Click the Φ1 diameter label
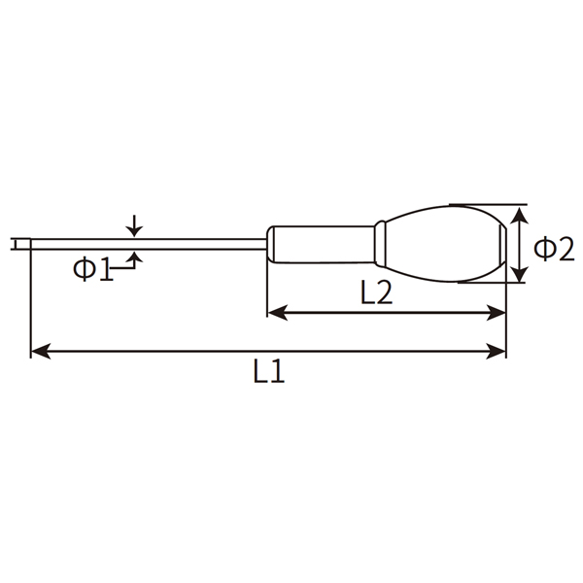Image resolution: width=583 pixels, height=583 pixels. coord(93,269)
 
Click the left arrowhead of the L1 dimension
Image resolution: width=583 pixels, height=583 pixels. coord(39,351)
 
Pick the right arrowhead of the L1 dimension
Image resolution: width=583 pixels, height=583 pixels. coord(498,351)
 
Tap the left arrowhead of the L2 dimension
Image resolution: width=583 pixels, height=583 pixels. coord(275,312)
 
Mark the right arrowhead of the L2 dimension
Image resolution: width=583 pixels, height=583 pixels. coord(498,312)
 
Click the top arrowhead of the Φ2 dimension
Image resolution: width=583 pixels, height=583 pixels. coord(521,213)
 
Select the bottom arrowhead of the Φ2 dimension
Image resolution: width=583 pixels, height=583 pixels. coord(521,275)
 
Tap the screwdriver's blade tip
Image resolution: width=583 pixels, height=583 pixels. coord(17,244)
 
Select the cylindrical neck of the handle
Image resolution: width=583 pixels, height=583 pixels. coord(321,244)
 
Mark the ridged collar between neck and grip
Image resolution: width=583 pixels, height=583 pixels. coord(382,244)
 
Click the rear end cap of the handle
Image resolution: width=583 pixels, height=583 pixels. coord(502,244)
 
